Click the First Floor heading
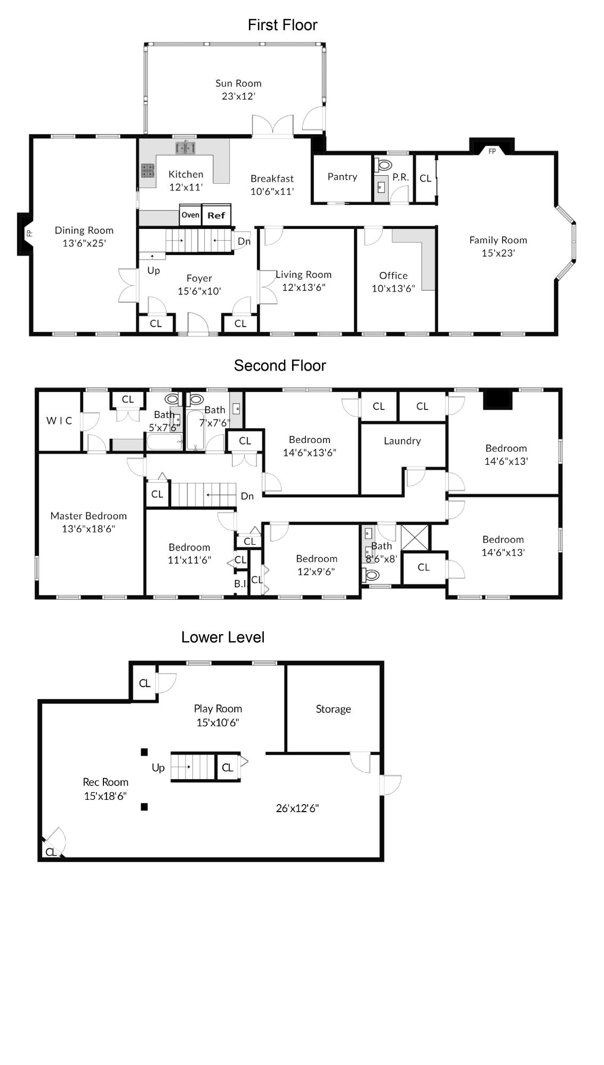283,25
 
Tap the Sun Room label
238,83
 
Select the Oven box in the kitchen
190,215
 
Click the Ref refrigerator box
216,215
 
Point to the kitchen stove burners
148,170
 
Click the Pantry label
342,177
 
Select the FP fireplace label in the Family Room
492,151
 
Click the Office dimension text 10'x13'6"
393,289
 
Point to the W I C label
59,421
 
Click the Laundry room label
402,441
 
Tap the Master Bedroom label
88,515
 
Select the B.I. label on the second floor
241,584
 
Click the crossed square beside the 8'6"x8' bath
415,537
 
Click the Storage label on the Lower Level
333,709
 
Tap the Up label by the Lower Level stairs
158,768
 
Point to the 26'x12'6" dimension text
297,808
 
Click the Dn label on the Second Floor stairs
247,496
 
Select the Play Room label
218,709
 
